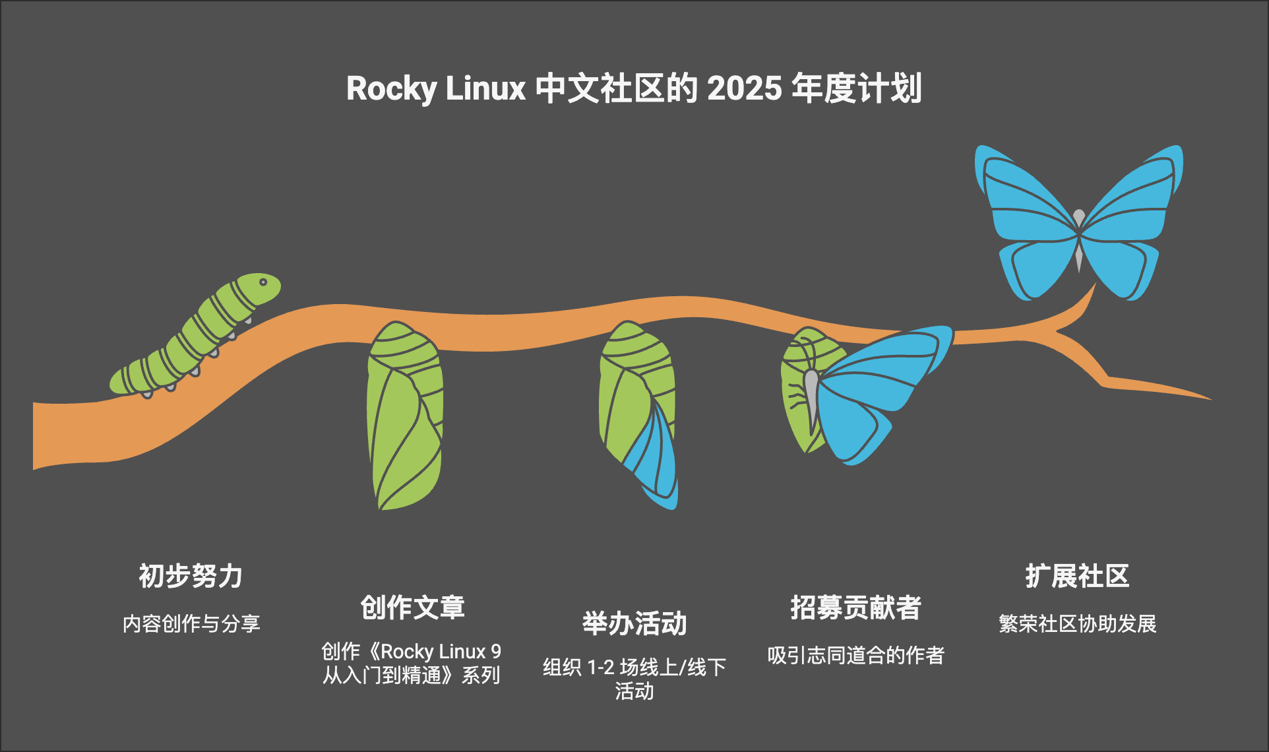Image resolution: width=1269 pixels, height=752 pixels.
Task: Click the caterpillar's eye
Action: pos(263,282)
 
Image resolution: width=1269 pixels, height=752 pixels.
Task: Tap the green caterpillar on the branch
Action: pos(198,336)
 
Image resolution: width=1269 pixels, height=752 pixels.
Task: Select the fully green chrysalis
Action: pos(405,416)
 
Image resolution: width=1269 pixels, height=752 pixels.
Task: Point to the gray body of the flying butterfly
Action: pos(1079,237)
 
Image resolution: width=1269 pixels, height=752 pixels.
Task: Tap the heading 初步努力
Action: pos(191,576)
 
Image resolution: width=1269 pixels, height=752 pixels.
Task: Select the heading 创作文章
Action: pos(412,608)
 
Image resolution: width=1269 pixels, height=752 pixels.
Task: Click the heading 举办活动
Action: pos(634,623)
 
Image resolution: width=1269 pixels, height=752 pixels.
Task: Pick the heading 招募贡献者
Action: pos(855,608)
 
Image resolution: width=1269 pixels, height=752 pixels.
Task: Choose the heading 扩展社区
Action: pos(1077,576)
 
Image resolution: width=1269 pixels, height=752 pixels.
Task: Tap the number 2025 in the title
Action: pos(745,88)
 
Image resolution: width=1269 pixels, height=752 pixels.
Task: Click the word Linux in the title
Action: pos(485,88)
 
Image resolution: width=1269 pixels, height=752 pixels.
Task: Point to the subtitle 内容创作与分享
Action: pos(191,623)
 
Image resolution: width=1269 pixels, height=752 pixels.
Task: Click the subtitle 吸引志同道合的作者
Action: pos(855,655)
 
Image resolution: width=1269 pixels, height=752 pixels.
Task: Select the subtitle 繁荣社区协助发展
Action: pos(1077,623)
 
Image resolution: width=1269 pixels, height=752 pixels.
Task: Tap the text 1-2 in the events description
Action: pos(600,668)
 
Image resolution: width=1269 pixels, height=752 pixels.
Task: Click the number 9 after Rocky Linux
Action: pos(496,652)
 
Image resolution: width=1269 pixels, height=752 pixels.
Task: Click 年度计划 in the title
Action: pos(856,88)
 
